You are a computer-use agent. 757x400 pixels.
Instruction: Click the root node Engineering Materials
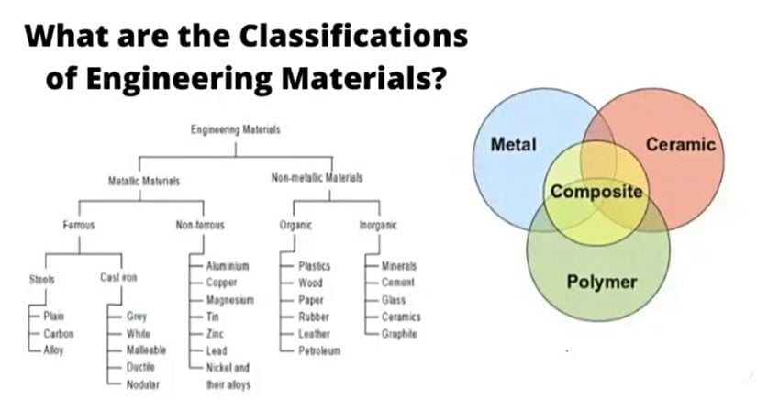point(235,130)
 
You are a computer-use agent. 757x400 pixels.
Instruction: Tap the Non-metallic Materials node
point(317,177)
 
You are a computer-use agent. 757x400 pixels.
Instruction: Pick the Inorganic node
point(378,224)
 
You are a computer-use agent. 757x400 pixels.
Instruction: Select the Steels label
point(42,279)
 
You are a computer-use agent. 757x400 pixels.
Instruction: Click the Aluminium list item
point(228,265)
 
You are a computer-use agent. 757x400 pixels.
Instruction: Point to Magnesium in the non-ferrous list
point(229,300)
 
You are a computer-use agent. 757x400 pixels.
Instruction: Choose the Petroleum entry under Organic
point(319,351)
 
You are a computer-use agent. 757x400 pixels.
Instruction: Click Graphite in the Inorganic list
point(399,334)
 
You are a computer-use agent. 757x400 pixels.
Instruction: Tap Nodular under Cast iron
point(145,384)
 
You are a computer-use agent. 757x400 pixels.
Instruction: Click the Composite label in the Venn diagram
point(596,193)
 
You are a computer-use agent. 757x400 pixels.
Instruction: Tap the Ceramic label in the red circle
point(680,144)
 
